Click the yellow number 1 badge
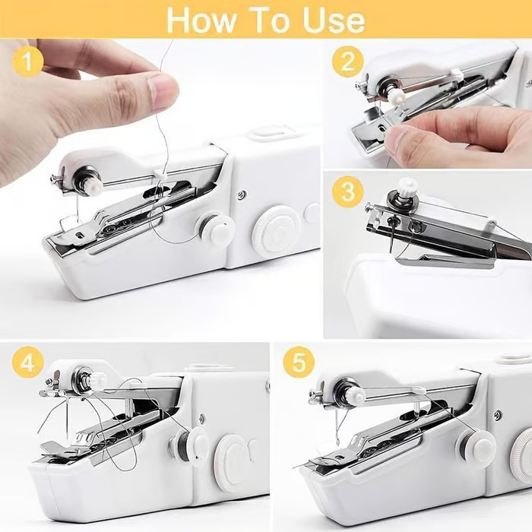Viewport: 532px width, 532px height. click(28, 62)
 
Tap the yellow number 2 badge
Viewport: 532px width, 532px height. click(347, 62)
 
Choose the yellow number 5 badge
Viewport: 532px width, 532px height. click(299, 363)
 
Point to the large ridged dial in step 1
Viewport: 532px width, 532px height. click(274, 230)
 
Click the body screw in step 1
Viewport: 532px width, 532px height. click(241, 195)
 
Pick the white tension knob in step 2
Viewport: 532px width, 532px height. click(395, 97)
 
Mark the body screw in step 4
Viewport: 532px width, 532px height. click(201, 418)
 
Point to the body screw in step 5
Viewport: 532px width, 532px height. click(497, 415)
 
